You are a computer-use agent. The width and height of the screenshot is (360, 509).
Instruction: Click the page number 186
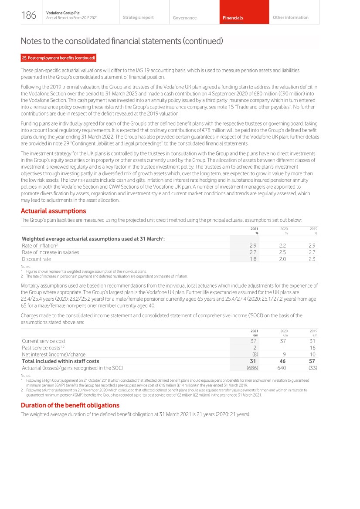[x=29, y=16]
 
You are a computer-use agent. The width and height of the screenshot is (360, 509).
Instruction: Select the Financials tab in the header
[x=233, y=18]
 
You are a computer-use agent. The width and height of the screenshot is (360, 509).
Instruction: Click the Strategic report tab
[x=138, y=18]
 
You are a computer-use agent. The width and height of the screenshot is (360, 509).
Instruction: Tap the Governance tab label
[x=184, y=18]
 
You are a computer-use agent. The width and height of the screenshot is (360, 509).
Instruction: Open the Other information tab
[x=290, y=18]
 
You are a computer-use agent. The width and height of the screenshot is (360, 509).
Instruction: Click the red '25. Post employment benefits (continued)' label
[x=58, y=58]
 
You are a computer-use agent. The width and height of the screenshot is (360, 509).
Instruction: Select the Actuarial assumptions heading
[x=53, y=211]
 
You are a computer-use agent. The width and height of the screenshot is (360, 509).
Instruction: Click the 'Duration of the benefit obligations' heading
[x=70, y=405]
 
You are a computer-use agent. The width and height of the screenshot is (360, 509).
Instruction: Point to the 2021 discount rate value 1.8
[x=252, y=259]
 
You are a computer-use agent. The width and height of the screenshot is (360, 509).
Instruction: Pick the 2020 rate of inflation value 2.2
[x=282, y=246]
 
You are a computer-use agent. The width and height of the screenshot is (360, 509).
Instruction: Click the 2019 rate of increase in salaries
[x=311, y=252]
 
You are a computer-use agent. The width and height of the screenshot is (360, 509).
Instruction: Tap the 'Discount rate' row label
[x=36, y=259]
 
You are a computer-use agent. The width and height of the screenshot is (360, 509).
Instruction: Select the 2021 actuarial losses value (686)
[x=252, y=368]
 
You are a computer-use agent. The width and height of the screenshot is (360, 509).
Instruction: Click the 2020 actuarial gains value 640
[x=282, y=368]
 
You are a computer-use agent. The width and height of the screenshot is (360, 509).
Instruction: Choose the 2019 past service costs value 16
[x=312, y=348]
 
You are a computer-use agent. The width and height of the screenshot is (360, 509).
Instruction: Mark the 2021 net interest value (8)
[x=255, y=354]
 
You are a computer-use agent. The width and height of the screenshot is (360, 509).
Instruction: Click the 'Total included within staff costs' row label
[x=61, y=361]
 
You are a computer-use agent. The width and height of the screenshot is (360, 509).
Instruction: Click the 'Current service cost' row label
[x=44, y=341]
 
